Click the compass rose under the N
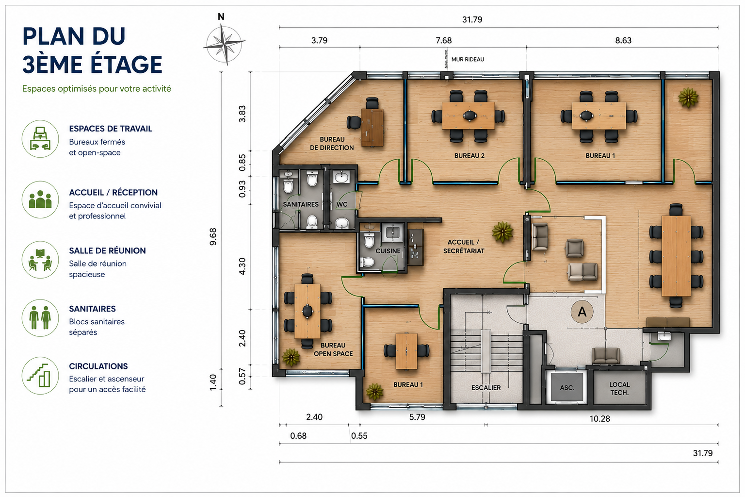225,44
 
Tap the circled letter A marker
582,312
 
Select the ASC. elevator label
567,388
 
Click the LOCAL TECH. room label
619,388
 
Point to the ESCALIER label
486,388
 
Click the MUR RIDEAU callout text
468,59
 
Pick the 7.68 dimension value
444,40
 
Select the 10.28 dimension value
599,419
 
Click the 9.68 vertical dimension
213,237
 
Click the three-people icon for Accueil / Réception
40,200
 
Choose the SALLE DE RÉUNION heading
107,250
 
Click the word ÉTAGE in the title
127,65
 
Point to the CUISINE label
388,251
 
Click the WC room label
342,204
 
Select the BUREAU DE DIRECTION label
332,144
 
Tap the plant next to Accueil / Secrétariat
502,232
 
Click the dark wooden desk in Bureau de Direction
372,128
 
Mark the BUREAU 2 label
470,155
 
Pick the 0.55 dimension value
359,436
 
